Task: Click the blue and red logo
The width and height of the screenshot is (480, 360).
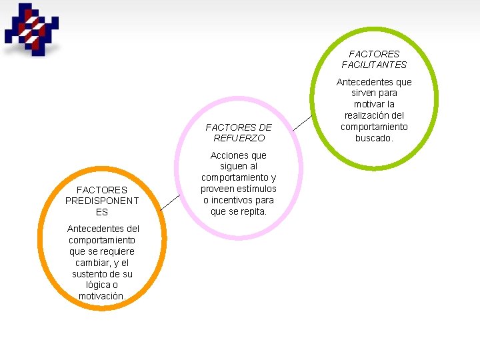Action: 31,29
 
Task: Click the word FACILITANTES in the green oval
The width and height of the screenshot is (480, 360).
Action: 374,65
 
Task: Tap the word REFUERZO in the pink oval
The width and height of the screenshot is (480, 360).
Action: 239,138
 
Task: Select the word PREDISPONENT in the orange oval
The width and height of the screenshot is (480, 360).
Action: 102,201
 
